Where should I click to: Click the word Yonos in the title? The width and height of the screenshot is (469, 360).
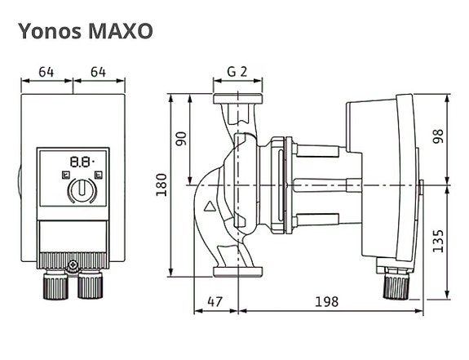[x=50, y=31]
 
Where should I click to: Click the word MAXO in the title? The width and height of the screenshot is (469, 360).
[x=121, y=31]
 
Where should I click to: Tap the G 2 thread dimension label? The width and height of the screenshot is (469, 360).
[x=237, y=72]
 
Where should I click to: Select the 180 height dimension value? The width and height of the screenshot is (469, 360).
[x=161, y=184]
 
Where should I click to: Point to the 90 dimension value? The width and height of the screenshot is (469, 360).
[x=181, y=139]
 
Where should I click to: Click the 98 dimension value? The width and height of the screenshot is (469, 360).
[x=438, y=136]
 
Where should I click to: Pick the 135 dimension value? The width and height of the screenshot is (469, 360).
[x=438, y=241]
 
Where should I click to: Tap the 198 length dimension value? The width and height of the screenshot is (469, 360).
[x=327, y=302]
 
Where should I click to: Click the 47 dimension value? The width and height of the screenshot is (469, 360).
[x=215, y=302]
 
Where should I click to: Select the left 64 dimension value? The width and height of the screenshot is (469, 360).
[x=46, y=72]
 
